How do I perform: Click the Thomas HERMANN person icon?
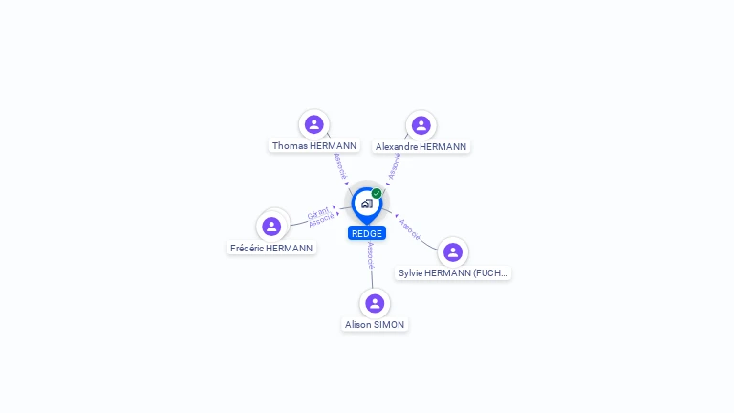(314, 124)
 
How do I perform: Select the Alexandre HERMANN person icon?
(421, 125)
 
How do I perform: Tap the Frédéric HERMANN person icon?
(271, 227)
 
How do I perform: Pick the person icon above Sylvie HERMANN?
(453, 251)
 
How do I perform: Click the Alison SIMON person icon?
(375, 303)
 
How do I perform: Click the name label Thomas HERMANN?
(314, 146)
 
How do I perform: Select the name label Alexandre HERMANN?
(421, 147)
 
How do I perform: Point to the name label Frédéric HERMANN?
(271, 249)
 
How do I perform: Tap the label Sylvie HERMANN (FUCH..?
(453, 273)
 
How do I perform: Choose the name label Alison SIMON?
(375, 325)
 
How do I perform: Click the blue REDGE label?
(367, 233)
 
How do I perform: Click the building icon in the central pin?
(366, 204)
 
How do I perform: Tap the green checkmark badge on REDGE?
(377, 193)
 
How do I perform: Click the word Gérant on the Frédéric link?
(318, 212)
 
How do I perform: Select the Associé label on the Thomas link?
(338, 165)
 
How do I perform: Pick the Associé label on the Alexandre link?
(395, 165)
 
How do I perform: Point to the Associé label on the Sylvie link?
(409, 228)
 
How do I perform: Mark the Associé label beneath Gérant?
(322, 220)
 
